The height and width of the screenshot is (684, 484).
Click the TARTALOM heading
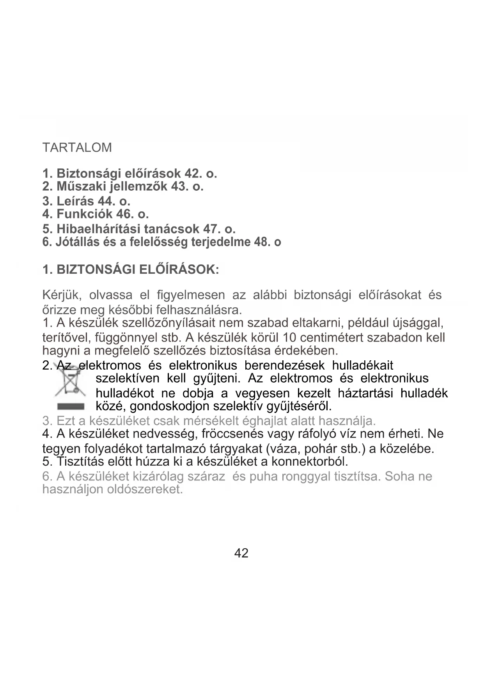tap(77, 148)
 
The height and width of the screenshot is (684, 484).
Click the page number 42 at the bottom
tap(241, 553)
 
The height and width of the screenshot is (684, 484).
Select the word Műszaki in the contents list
tap(80, 187)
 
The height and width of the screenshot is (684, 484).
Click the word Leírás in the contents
tap(75, 201)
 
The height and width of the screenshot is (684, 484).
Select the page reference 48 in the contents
tap(262, 242)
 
